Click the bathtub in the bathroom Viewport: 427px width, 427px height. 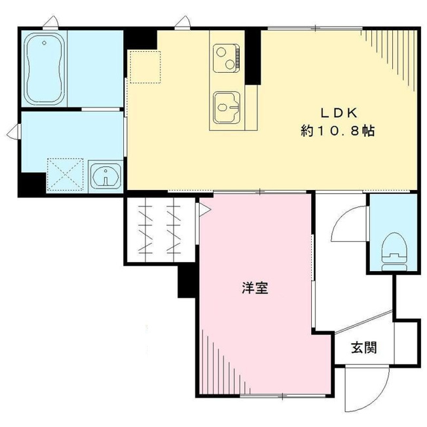coord(45,69)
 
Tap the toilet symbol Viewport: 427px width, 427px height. coord(394,251)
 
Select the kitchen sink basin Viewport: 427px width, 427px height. coord(227,107)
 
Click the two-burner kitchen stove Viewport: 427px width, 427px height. coord(227,58)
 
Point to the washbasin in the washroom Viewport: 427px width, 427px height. coord(105,176)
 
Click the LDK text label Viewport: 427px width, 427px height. coord(339,113)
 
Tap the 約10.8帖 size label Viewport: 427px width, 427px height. coord(338,131)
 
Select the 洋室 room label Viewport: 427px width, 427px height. coord(255,288)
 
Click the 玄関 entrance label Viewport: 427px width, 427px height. coord(364,348)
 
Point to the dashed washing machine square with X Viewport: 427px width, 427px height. coord(65,174)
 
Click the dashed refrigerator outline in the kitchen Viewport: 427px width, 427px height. coord(145,67)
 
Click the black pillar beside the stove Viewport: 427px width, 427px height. coord(253,56)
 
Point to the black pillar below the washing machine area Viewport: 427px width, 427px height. coord(32,184)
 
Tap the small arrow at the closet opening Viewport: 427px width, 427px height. coord(205,210)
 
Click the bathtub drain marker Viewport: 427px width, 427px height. coord(44,43)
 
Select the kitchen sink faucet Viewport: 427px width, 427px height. coord(234,107)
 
